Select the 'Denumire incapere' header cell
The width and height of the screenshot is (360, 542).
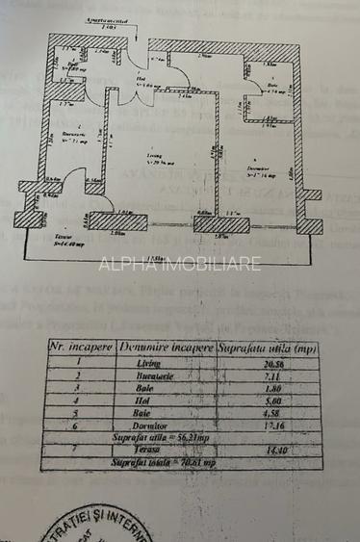[167, 348]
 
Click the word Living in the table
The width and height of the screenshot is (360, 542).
[149, 365]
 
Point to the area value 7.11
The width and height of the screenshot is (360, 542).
[279, 379]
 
